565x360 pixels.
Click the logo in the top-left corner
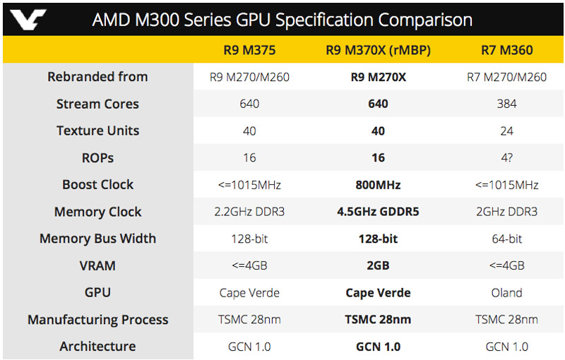click(28, 18)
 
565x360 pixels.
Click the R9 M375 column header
click(249, 50)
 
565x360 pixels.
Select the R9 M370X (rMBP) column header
click(378, 50)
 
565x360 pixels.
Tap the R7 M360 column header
click(506, 50)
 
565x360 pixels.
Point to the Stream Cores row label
click(97, 104)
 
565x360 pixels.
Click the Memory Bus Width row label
click(97, 239)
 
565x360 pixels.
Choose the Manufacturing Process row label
click(97, 320)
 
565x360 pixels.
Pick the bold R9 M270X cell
click(378, 77)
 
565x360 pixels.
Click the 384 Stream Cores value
click(506, 104)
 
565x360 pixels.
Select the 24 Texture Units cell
click(506, 131)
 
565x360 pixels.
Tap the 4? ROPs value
click(506, 157)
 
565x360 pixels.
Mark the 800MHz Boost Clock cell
click(378, 185)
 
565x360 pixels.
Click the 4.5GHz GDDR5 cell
click(378, 212)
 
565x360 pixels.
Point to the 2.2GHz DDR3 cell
click(249, 212)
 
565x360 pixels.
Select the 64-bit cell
click(506, 239)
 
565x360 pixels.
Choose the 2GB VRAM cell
click(378, 265)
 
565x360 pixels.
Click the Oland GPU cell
click(506, 292)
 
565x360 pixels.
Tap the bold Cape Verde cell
click(378, 292)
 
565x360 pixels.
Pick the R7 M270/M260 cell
click(506, 77)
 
